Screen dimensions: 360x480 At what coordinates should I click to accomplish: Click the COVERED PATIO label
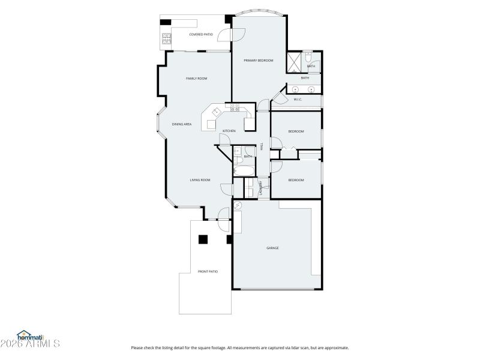(x=201, y=34)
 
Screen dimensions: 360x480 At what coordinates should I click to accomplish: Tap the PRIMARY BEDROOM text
(x=258, y=61)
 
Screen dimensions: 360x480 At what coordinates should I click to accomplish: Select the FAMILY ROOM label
(x=196, y=79)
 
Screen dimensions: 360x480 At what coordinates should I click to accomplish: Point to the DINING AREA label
(x=182, y=124)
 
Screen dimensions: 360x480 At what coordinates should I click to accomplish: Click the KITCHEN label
(x=229, y=131)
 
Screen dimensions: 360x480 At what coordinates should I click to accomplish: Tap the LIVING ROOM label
(x=200, y=180)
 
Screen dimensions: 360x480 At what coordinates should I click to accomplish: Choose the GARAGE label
(x=272, y=248)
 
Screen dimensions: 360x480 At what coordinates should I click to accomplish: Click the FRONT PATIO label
(x=208, y=272)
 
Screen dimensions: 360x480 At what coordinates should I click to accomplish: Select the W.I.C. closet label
(x=297, y=99)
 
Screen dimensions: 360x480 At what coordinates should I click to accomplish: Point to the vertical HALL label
(x=262, y=145)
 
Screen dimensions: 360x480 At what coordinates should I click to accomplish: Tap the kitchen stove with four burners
(x=235, y=109)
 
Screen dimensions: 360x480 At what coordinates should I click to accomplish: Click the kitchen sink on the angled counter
(x=216, y=111)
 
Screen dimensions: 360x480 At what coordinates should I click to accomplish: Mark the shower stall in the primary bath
(x=294, y=62)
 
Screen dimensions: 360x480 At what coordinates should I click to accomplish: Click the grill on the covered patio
(x=165, y=40)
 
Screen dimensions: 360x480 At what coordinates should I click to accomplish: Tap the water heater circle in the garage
(x=238, y=206)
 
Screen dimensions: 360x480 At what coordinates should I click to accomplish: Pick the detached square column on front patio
(x=203, y=239)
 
